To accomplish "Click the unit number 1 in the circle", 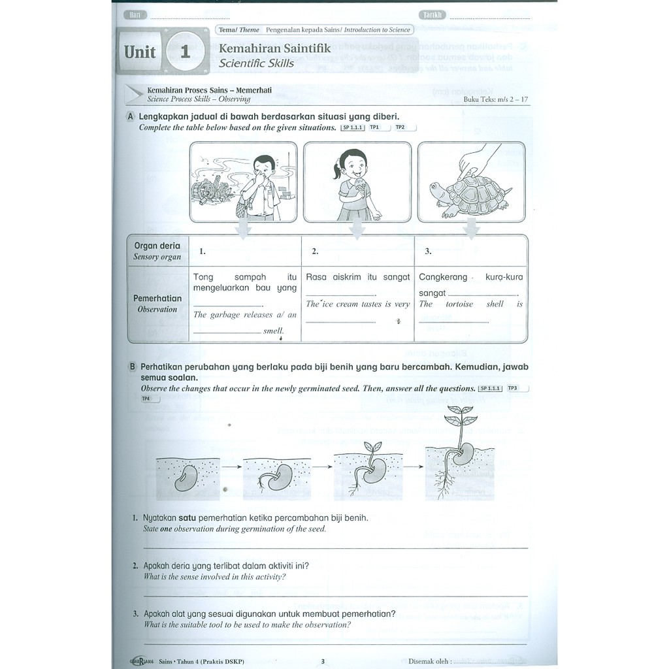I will click(x=185, y=52).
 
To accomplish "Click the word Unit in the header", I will click(x=140, y=52).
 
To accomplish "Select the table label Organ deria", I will click(x=157, y=246).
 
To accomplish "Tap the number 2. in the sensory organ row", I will click(x=315, y=251).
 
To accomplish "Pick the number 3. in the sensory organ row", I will click(x=428, y=251).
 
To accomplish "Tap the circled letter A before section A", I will click(x=131, y=116).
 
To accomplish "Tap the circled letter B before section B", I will click(x=131, y=367).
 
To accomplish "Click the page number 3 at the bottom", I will click(x=322, y=661).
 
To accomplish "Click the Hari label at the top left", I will click(x=136, y=15).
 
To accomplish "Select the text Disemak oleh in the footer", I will click(x=429, y=661).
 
